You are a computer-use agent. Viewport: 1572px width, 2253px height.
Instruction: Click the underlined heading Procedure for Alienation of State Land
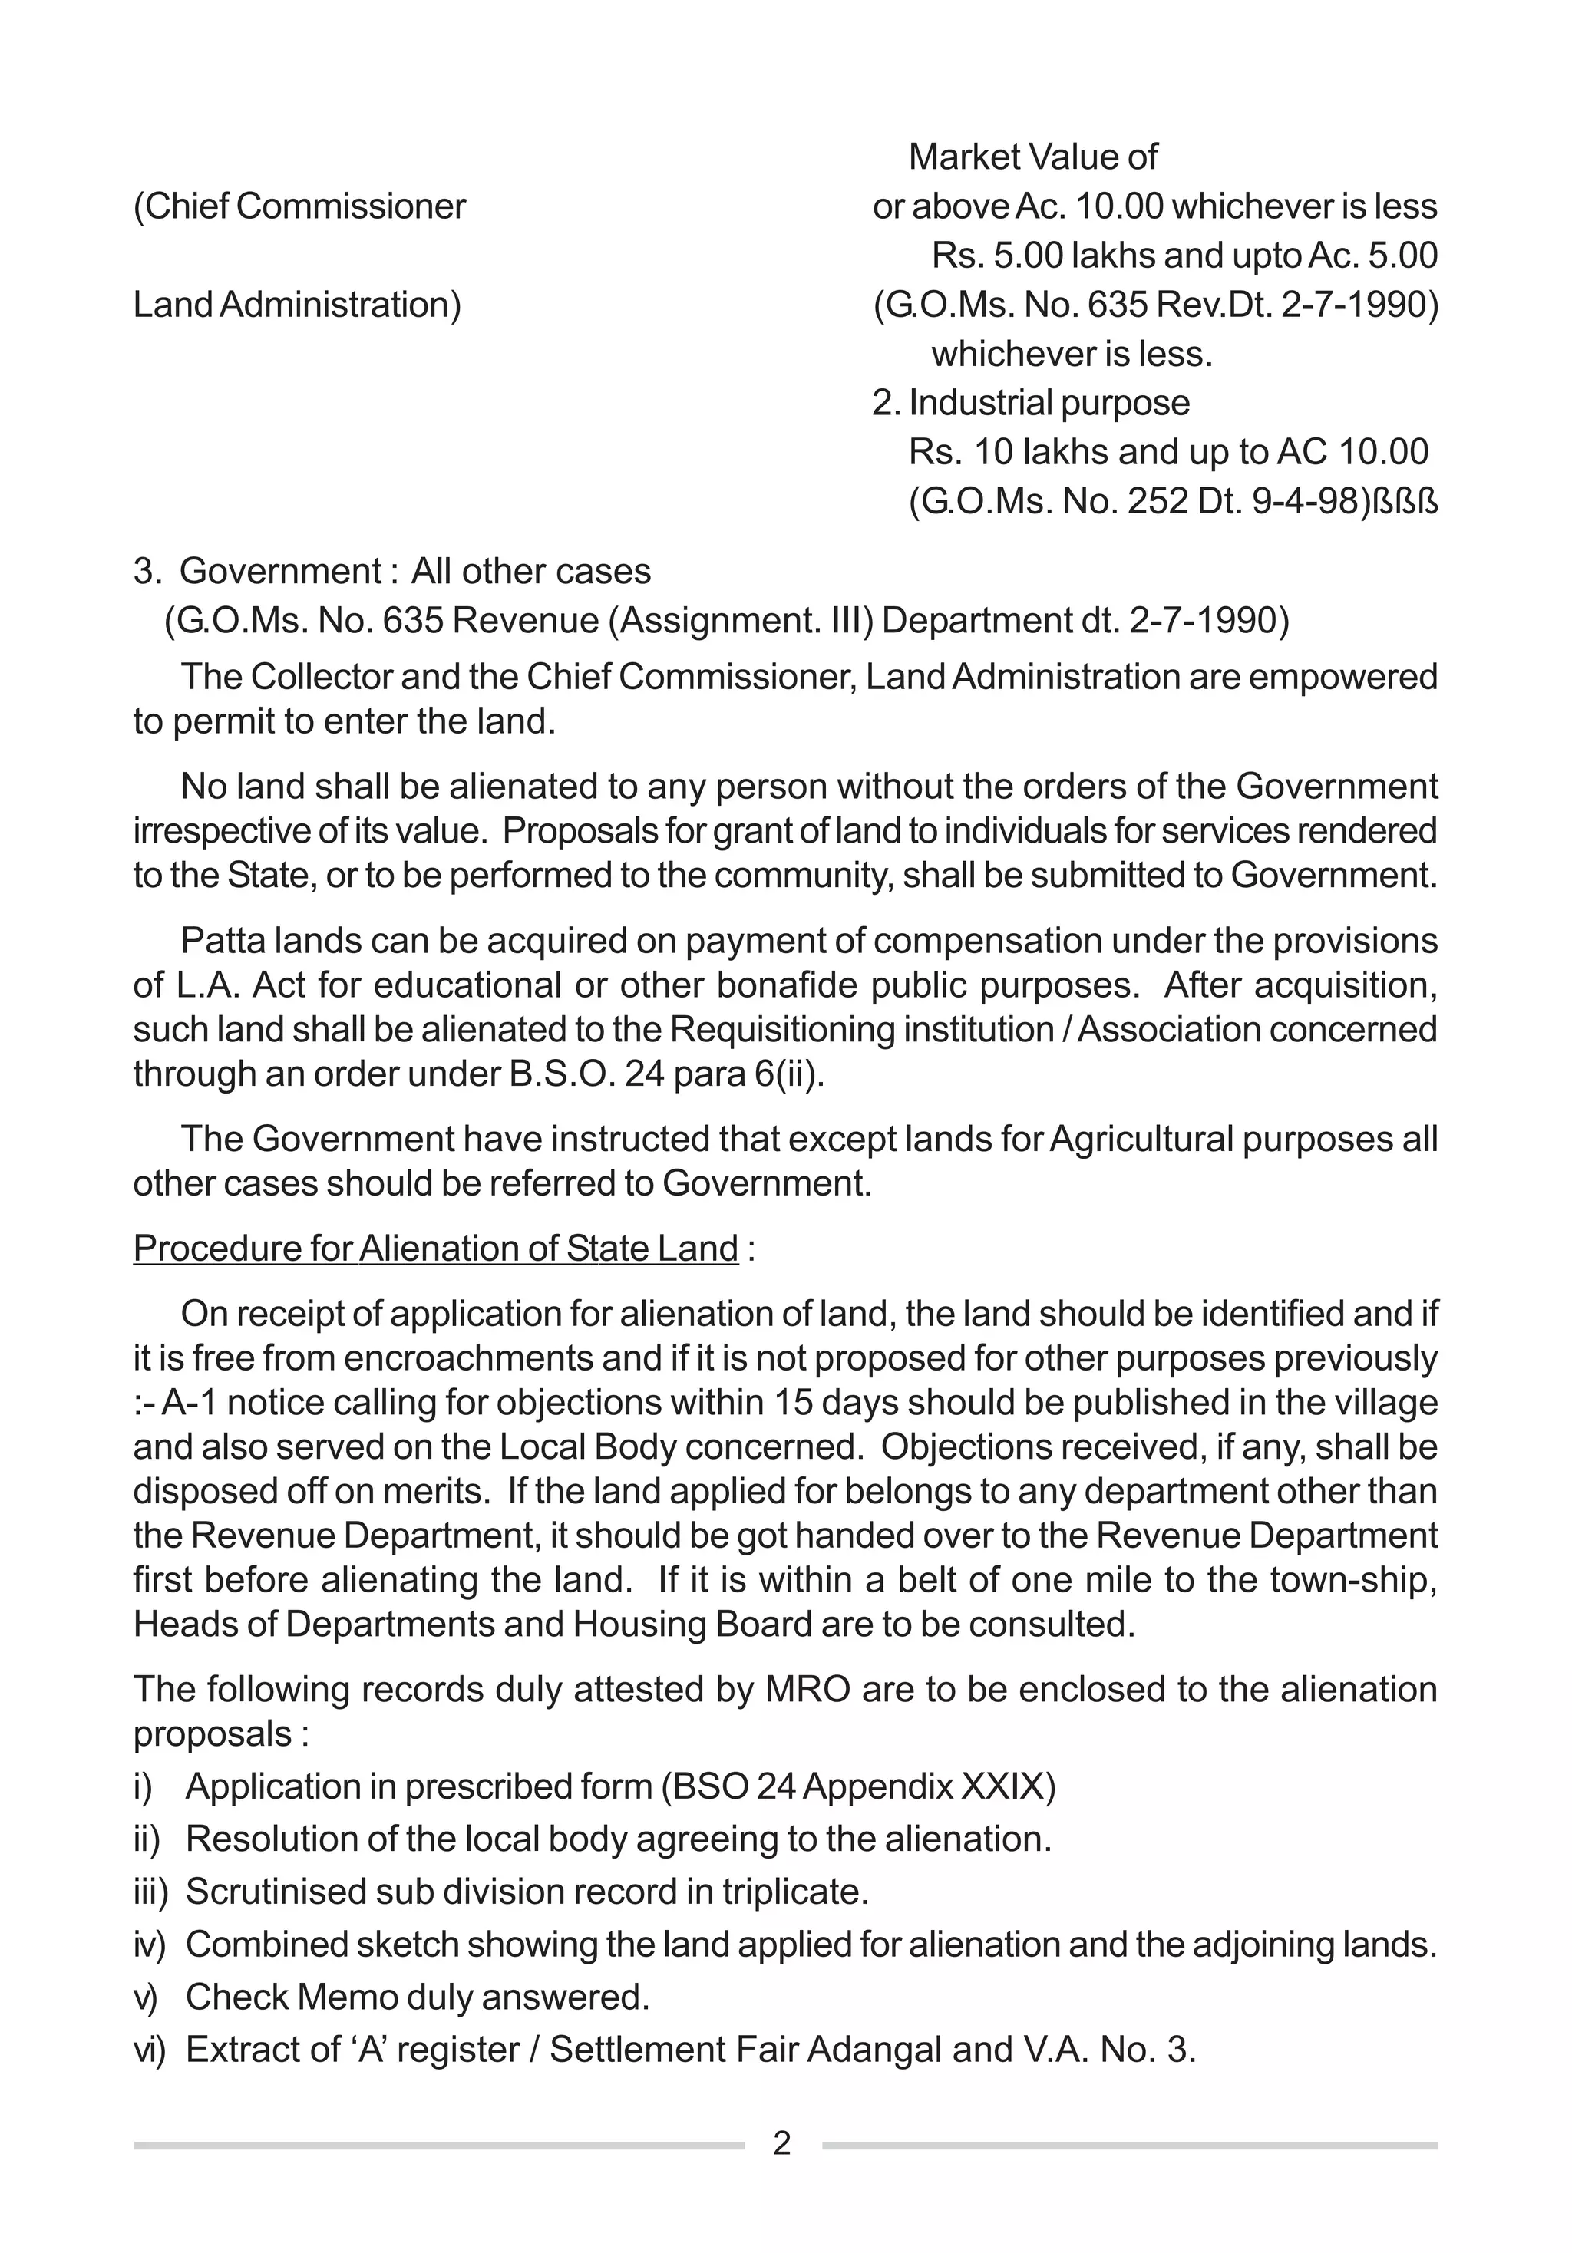tap(436, 1249)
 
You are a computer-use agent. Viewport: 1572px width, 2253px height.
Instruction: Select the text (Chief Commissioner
tap(299, 207)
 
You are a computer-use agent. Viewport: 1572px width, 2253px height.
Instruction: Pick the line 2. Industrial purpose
tap(1030, 402)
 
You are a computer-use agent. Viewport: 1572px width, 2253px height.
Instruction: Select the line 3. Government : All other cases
tap(392, 571)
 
